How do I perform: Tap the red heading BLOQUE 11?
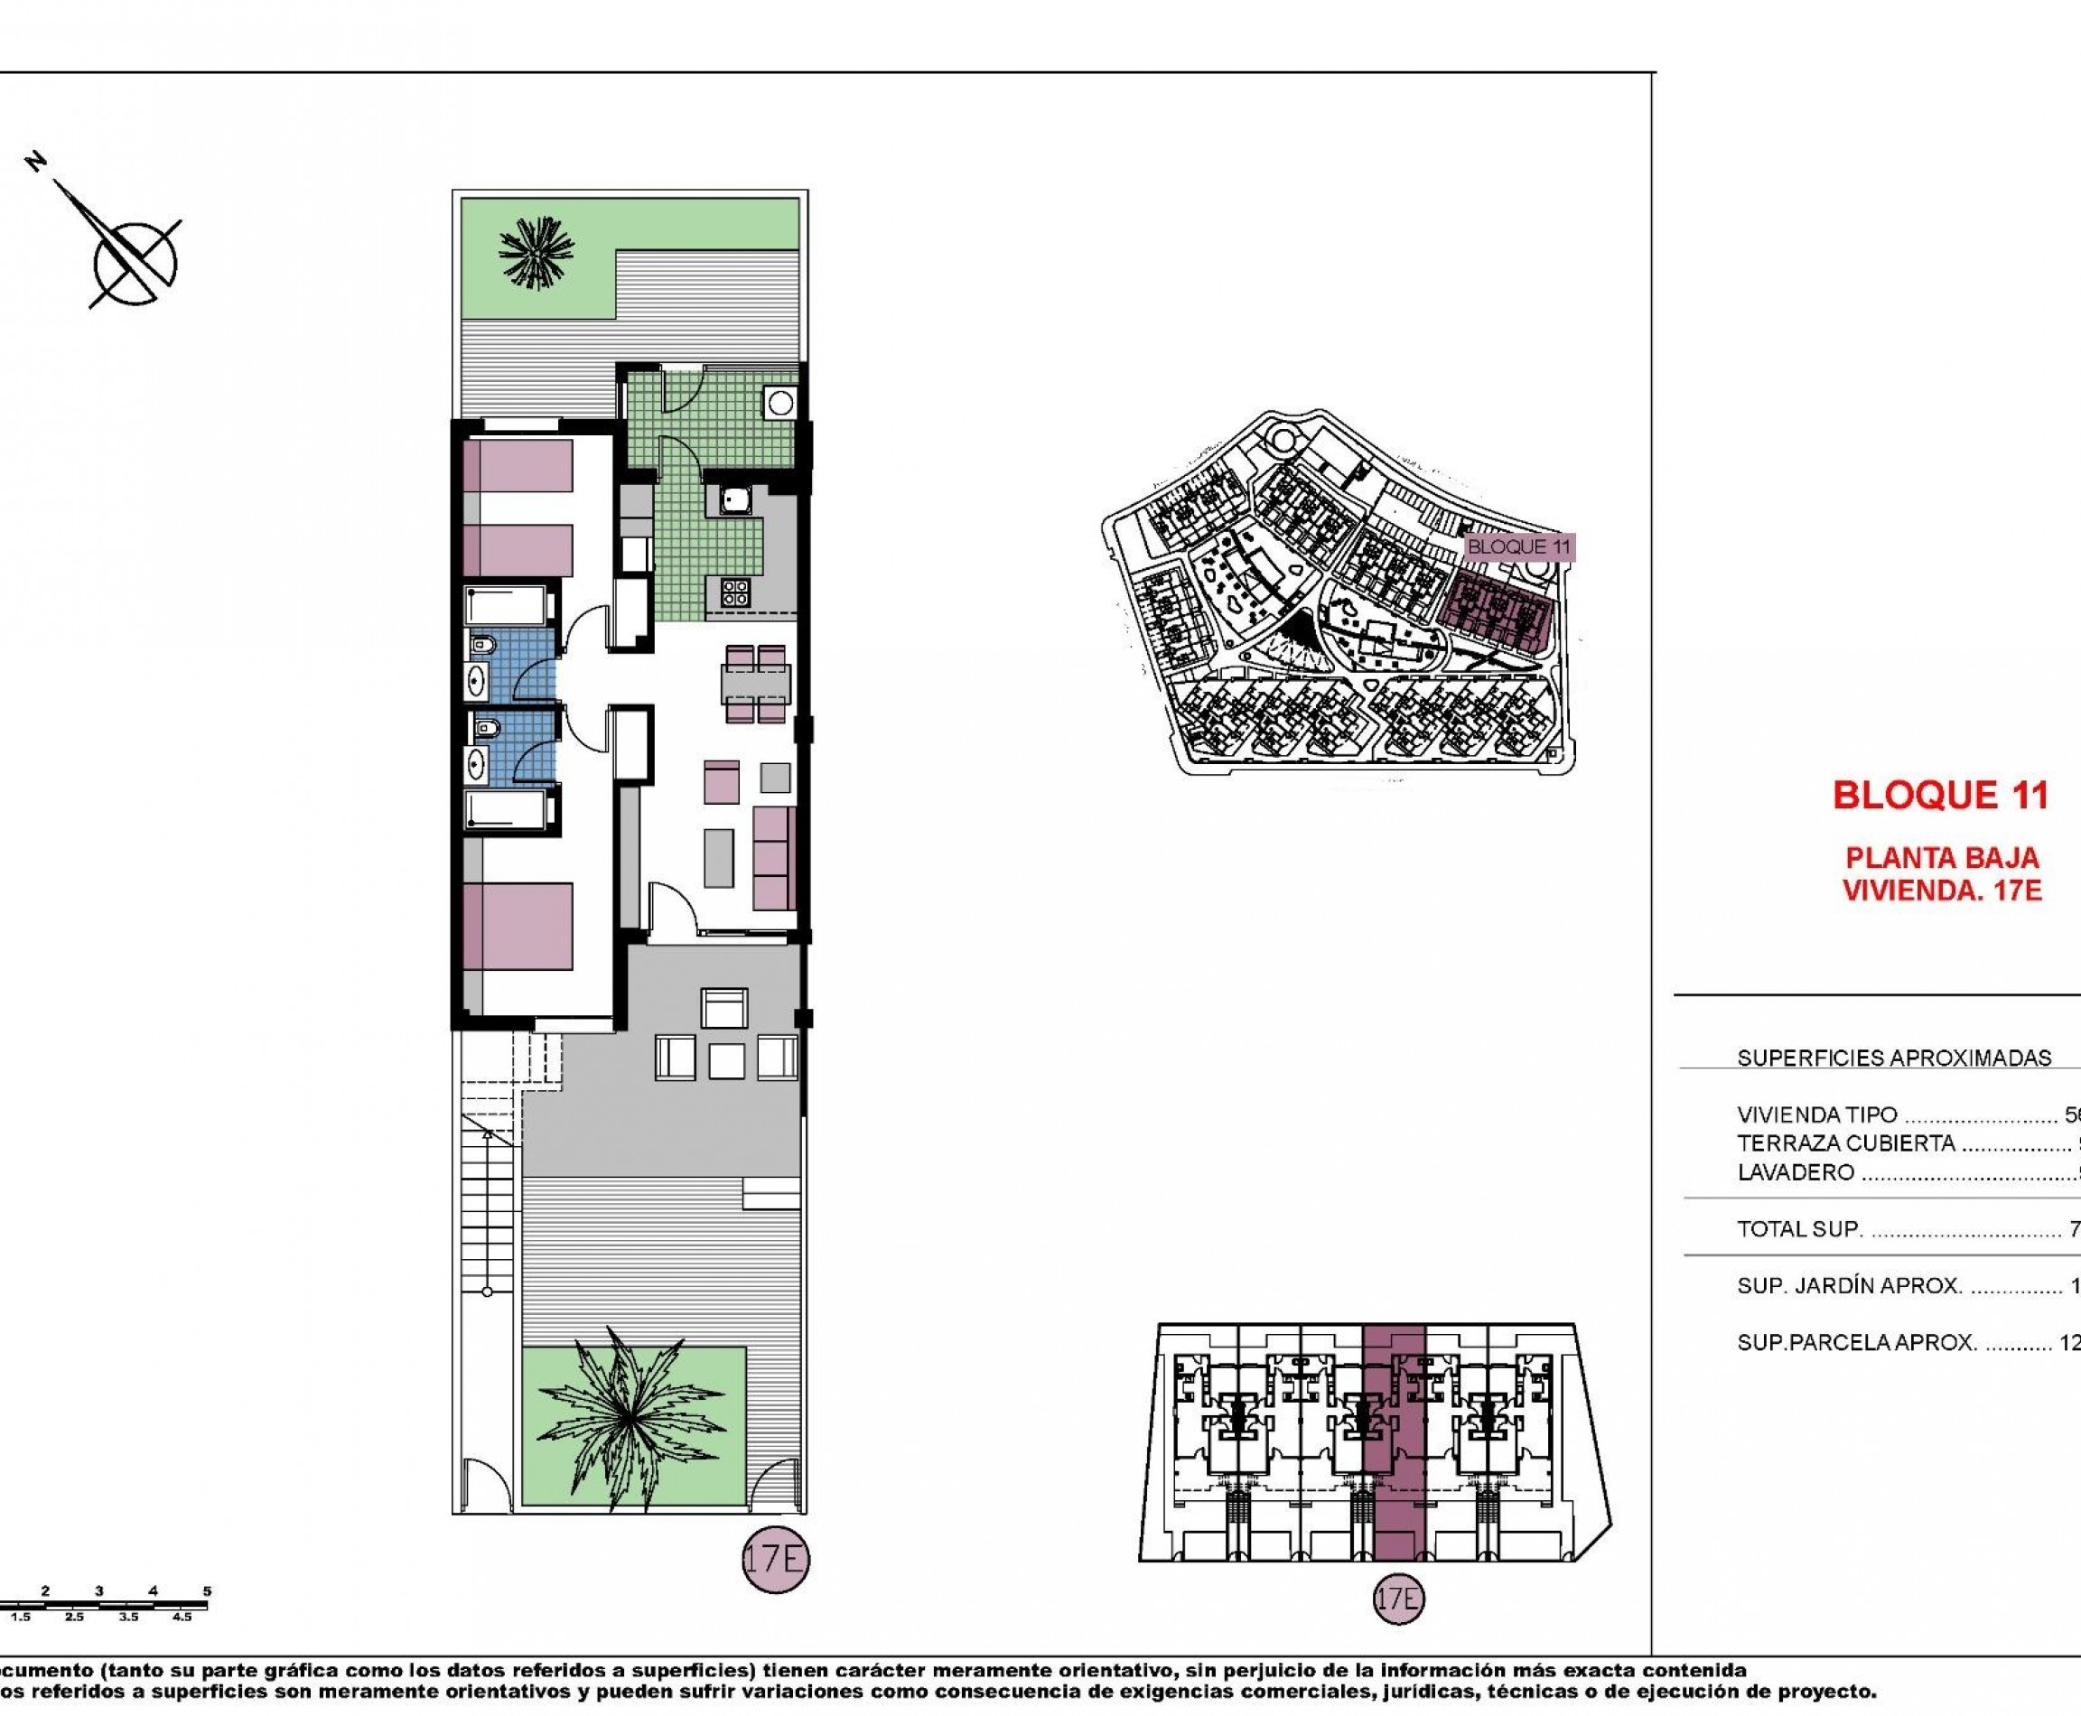1941,795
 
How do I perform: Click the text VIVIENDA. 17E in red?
1942,891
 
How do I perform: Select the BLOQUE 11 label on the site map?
1518,546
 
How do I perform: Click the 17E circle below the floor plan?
775,1560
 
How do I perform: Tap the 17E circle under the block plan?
1398,1599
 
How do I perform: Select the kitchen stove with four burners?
734,592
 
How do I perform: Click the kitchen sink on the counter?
734,500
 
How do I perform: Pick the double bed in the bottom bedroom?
518,925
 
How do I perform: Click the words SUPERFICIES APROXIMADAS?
1894,1058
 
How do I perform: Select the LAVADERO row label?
1796,1172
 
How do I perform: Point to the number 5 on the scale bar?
207,1591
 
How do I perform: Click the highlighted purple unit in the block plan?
1393,1443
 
